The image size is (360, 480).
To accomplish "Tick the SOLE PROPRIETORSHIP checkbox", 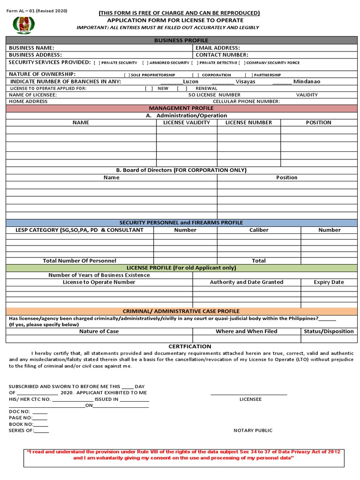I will (x=127, y=75).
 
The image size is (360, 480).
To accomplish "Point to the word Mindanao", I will (x=307, y=82).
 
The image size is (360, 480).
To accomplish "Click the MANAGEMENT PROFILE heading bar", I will (x=181, y=108).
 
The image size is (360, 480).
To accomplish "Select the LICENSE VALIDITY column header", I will (x=187, y=122).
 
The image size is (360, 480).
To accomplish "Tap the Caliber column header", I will (x=259, y=230).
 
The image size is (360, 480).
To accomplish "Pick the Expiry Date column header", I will (x=329, y=282).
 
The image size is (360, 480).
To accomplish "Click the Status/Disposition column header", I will (x=329, y=331).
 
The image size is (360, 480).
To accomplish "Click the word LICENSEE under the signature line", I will (x=250, y=399).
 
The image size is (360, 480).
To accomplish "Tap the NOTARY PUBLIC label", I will (x=253, y=430).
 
